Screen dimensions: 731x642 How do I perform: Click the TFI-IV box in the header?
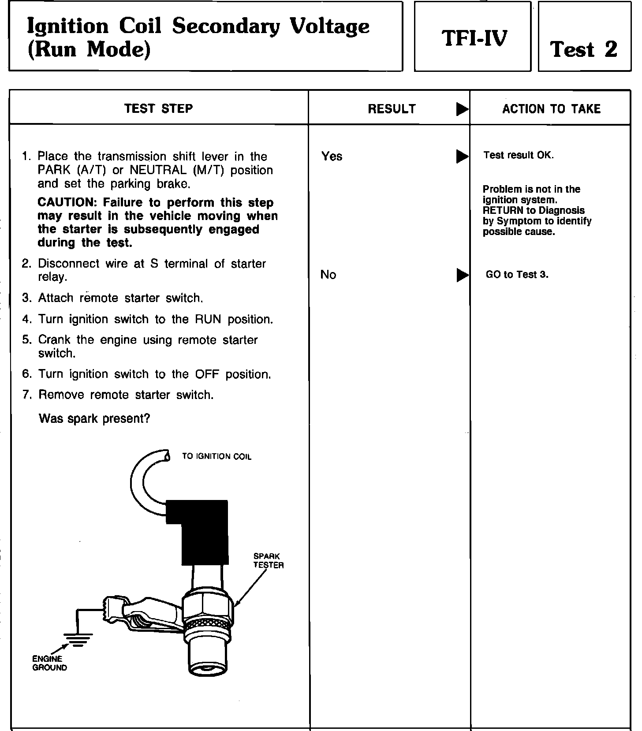(474, 38)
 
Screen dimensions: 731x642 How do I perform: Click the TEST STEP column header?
(158, 108)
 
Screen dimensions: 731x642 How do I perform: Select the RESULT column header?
(392, 109)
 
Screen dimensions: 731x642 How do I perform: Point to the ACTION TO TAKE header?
(551, 109)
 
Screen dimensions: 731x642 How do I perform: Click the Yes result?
(332, 156)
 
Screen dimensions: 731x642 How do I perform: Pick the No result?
(328, 275)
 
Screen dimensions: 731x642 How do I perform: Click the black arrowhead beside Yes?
(462, 156)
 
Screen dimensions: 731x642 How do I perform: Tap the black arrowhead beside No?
(462, 275)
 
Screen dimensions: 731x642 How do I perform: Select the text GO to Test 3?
(517, 274)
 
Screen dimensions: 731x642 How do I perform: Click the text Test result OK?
(518, 155)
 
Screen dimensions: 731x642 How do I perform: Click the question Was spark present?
(94, 418)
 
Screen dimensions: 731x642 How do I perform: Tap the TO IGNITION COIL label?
(216, 456)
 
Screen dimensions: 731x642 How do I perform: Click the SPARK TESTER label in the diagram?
(268, 560)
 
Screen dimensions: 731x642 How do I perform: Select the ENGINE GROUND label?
(49, 663)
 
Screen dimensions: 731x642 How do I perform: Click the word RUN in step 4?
(208, 319)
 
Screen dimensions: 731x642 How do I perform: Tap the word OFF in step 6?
(207, 374)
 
